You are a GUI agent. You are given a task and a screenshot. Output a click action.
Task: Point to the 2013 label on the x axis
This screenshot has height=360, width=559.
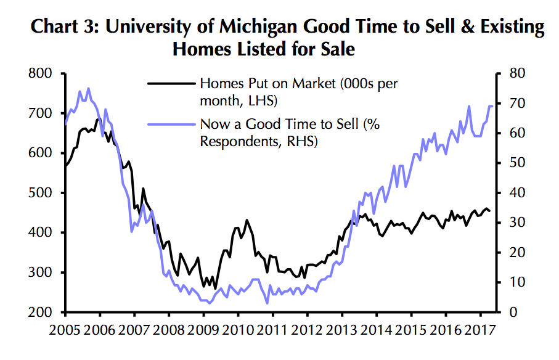pos(340,330)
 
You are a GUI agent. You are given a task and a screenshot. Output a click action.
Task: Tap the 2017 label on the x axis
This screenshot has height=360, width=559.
pos(478,330)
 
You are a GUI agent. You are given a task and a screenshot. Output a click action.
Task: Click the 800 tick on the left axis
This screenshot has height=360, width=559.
pos(41,73)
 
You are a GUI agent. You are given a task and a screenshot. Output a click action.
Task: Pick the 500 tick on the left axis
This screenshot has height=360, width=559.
pos(41,193)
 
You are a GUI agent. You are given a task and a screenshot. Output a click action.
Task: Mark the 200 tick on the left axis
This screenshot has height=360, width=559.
pos(41,313)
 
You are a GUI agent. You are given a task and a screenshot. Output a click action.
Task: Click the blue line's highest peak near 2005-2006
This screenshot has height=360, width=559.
pos(88,88)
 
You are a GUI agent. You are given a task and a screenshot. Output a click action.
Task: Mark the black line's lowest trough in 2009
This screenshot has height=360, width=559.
pos(215,288)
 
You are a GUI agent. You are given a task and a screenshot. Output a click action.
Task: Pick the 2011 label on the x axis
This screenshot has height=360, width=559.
pos(271,330)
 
